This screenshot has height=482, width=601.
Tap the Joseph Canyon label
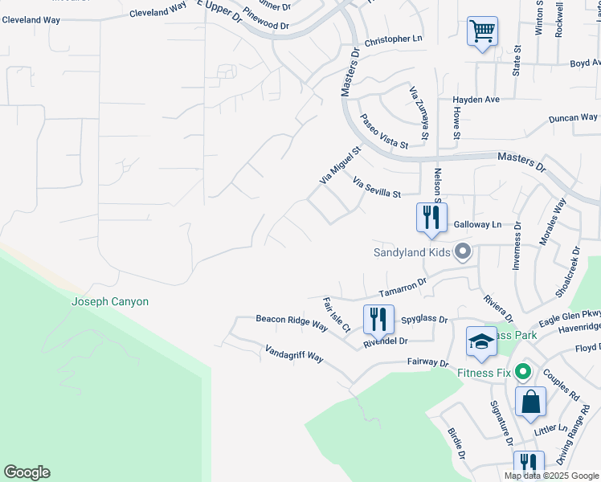point(110,302)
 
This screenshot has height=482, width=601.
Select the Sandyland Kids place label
point(412,252)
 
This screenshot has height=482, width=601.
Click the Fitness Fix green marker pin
point(523,371)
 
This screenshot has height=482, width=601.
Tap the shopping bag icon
point(531,401)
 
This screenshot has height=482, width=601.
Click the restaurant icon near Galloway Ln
point(431,217)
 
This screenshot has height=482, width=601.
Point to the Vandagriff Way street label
point(293,353)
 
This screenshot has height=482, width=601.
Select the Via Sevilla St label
point(377,188)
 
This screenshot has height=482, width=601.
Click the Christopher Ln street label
point(393,39)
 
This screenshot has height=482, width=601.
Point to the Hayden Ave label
point(476,100)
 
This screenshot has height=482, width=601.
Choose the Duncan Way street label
point(573,118)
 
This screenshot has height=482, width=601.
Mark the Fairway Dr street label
point(427,363)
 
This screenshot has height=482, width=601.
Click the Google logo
point(27,472)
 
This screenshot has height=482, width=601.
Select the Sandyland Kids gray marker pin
point(462,252)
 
